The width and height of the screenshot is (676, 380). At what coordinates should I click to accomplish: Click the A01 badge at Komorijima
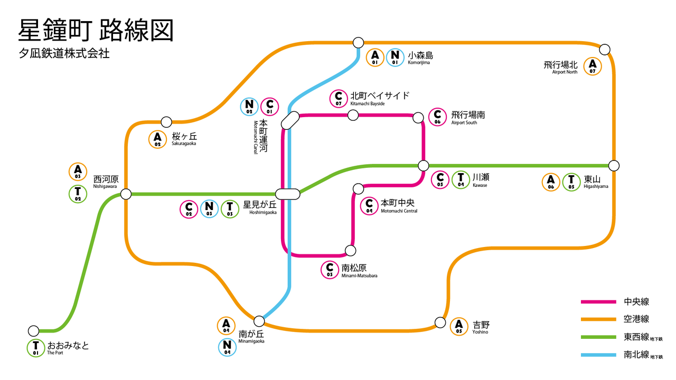point(375,58)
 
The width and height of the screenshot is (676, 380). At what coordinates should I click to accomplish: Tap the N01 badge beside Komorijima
point(395,58)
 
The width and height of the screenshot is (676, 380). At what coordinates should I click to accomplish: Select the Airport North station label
point(560,67)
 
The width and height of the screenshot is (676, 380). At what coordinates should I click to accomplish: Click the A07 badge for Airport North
point(593,66)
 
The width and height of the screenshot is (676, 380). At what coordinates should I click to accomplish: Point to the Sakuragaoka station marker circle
point(166,122)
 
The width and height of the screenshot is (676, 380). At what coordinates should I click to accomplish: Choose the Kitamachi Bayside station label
point(380,98)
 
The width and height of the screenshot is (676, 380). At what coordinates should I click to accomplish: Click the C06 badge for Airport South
point(437,117)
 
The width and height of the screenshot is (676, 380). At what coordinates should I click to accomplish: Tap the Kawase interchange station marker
point(424,166)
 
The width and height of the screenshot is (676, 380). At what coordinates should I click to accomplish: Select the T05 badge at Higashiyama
point(571,182)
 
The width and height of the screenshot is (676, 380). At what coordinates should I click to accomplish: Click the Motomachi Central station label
point(399,206)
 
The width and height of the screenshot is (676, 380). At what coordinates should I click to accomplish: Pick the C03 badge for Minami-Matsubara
point(330,270)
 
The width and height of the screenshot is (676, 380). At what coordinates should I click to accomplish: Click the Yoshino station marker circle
point(440,322)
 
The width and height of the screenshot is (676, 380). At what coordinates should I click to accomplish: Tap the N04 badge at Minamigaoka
point(227,347)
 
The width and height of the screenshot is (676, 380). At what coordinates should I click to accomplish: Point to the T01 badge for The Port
point(35,348)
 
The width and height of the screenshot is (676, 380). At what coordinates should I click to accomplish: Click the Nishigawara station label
point(106,182)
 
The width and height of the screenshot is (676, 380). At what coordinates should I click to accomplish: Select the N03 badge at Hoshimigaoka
point(209,208)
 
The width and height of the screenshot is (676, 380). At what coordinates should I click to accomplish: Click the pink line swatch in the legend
point(598,301)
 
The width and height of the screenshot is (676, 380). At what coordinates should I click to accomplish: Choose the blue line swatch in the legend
point(598,355)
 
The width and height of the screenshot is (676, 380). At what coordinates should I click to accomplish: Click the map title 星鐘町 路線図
point(96,30)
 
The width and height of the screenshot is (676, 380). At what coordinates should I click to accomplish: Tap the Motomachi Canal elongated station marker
point(290,121)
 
